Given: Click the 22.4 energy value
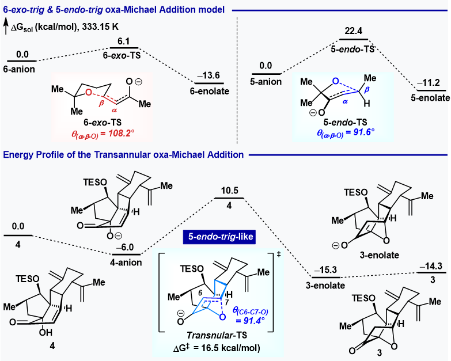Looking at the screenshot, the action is click(x=354, y=31).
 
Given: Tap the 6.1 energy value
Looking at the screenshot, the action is click(x=123, y=41).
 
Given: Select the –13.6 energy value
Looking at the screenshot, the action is click(x=209, y=75).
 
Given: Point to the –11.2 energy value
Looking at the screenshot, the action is click(x=429, y=83).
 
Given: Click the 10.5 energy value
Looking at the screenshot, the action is click(x=229, y=191).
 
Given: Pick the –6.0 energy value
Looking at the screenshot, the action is click(x=125, y=247).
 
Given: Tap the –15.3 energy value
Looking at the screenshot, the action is click(x=325, y=270).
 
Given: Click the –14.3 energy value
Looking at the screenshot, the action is click(x=431, y=266).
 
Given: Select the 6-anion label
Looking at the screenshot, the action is click(x=19, y=69).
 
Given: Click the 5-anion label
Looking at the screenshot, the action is click(x=266, y=82).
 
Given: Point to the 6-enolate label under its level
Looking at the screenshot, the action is click(x=210, y=91).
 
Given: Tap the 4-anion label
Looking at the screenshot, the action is click(x=126, y=263).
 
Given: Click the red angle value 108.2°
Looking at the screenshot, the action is click(x=120, y=134).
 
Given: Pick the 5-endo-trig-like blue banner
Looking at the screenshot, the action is click(x=219, y=237).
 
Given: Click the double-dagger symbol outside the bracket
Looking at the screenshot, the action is click(x=279, y=254).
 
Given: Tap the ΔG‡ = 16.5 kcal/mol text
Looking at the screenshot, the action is click(x=217, y=348).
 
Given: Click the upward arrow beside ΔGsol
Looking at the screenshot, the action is click(x=6, y=26).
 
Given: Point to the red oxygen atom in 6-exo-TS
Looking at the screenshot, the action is click(x=89, y=92).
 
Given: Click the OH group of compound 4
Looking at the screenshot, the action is click(x=46, y=333).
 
